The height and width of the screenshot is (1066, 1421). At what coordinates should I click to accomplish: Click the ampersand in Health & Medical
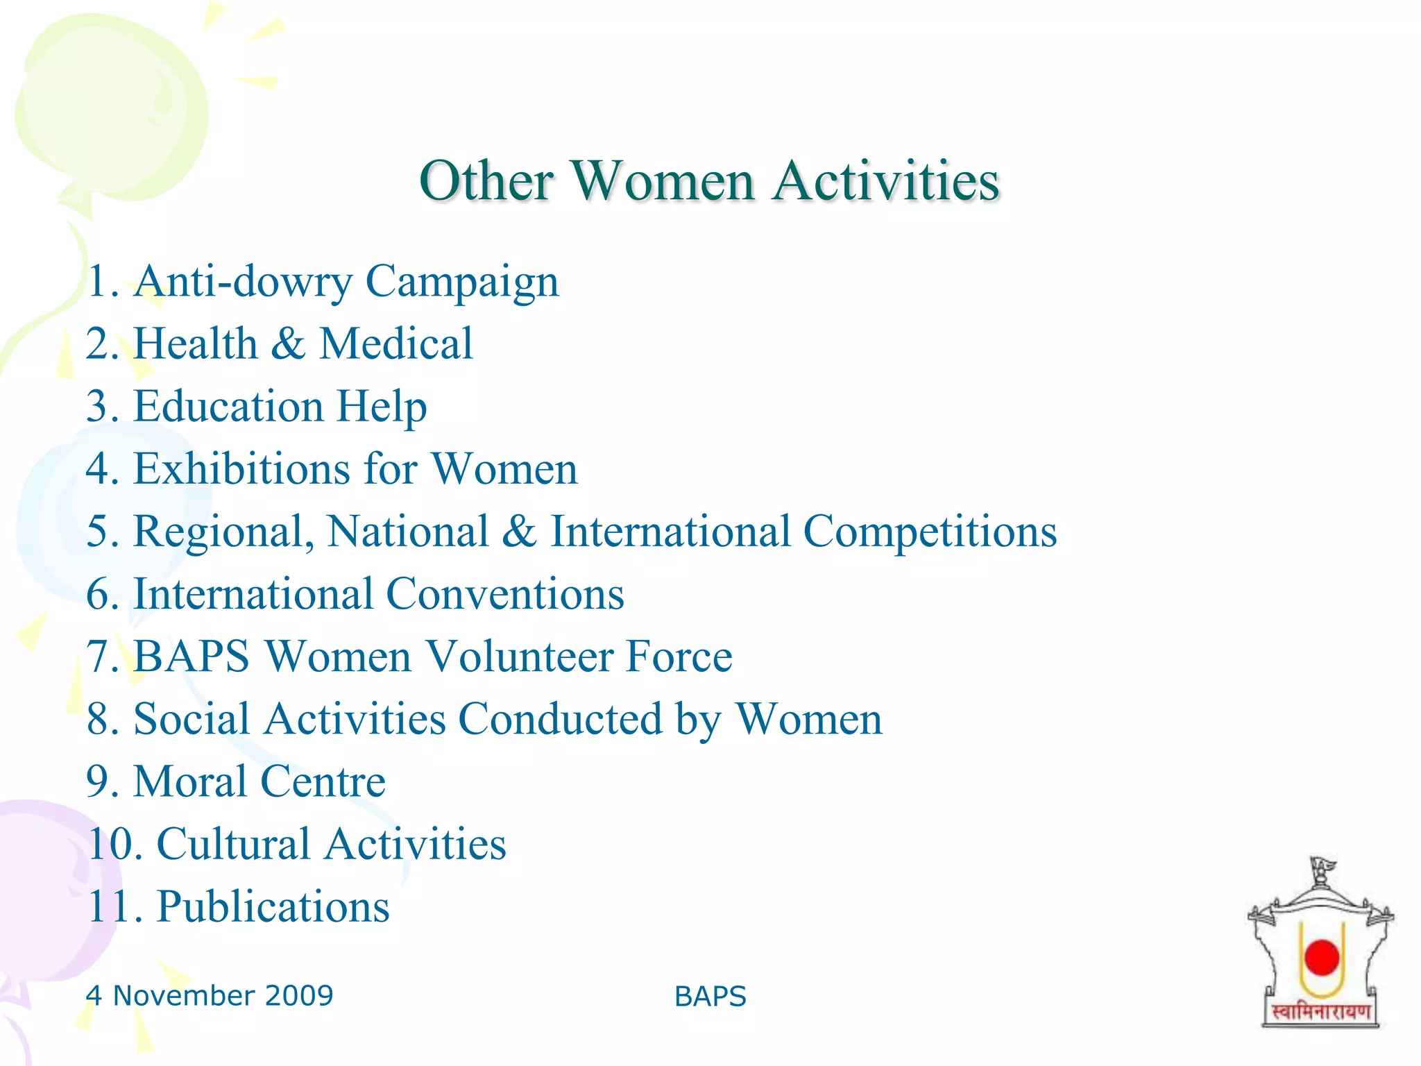click(288, 344)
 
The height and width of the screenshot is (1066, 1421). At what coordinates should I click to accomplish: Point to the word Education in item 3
click(228, 407)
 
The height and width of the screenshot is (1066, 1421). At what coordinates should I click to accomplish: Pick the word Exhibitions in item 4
click(241, 469)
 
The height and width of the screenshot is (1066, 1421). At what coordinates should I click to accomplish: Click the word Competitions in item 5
click(930, 532)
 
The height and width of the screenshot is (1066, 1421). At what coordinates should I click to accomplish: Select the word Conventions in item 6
click(504, 595)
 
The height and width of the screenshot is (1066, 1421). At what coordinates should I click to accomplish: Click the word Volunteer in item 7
click(518, 657)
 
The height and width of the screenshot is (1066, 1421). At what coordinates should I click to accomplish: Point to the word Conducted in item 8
click(560, 719)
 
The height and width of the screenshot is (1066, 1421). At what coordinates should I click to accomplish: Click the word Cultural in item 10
click(233, 845)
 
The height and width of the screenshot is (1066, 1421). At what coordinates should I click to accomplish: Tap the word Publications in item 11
click(273, 907)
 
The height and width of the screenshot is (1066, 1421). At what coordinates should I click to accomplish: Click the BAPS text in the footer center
click(710, 997)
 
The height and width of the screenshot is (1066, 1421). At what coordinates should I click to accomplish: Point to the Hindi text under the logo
click(1320, 1012)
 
